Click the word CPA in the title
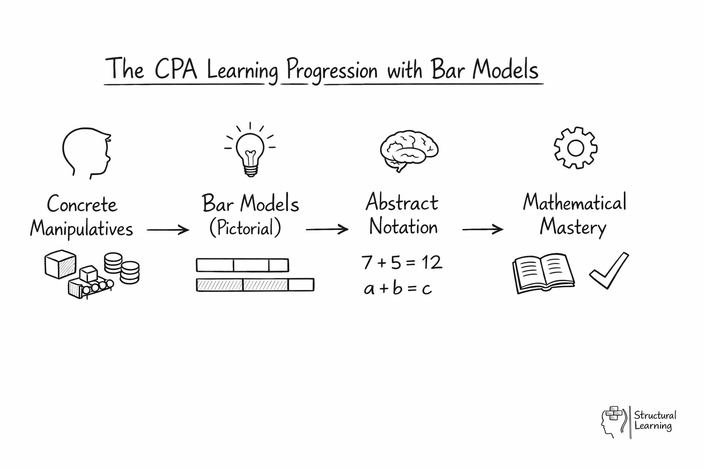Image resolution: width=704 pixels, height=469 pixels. point(176,70)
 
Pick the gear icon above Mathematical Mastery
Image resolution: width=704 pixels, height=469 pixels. point(575,148)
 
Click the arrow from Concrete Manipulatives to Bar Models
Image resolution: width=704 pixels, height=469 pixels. point(168,229)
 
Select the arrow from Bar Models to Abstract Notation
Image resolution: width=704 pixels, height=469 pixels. point(327,229)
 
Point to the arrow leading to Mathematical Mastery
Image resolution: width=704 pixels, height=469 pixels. point(482,229)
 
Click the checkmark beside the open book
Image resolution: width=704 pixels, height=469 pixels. point(609,271)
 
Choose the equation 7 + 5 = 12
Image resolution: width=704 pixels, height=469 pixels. point(401,262)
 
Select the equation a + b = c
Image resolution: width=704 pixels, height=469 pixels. point(398,289)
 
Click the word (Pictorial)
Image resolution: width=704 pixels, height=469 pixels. point(245,228)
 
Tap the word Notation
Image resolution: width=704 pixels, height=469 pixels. point(403,227)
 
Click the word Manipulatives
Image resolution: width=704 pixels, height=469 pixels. point(82,229)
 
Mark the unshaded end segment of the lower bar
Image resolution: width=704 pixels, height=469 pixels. point(301,285)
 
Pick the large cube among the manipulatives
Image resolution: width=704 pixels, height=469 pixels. point(60,264)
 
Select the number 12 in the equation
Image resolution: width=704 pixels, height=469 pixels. point(431,262)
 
